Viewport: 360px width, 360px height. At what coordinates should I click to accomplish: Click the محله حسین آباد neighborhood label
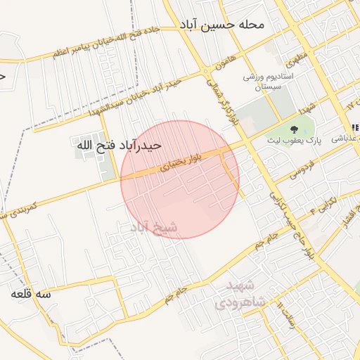click(221, 25)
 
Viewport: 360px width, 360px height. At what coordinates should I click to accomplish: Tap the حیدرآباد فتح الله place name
click(119, 145)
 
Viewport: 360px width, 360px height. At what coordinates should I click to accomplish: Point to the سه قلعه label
click(31, 295)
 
